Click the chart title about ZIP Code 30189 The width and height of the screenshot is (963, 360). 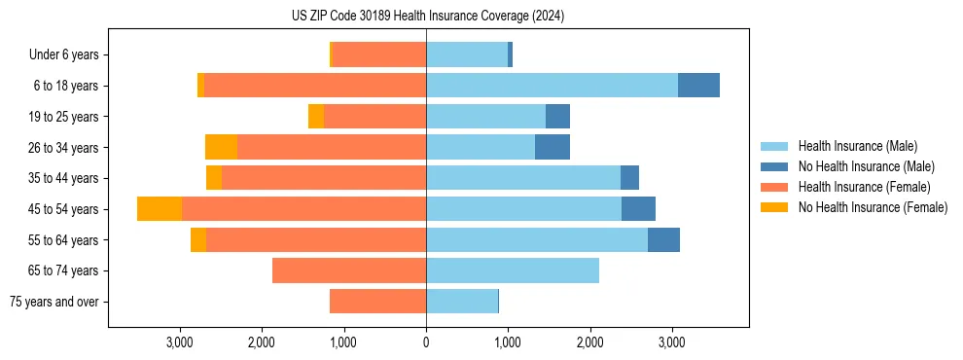[x=428, y=17]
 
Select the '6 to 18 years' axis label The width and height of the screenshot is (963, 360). [x=66, y=86]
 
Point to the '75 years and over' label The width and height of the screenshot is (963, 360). [x=54, y=302]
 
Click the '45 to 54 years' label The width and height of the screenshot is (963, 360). [x=64, y=209]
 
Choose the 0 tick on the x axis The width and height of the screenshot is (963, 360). [x=426, y=342]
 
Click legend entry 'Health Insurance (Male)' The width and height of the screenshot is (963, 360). [x=857, y=146]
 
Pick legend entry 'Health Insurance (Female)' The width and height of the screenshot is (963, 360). [x=864, y=187]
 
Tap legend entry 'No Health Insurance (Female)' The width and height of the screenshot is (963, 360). [x=873, y=207]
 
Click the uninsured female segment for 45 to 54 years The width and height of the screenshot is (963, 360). [x=160, y=209]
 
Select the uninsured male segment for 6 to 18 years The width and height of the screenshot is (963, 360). [x=698, y=86]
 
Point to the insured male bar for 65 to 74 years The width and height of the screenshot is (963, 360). [x=513, y=270]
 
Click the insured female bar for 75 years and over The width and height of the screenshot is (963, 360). [x=377, y=302]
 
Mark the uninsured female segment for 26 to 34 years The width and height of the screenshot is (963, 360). [x=221, y=147]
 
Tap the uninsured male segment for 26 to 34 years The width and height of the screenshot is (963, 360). [x=553, y=147]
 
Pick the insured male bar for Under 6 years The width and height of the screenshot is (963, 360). [x=467, y=55]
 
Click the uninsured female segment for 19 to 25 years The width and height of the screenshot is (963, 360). [x=316, y=117]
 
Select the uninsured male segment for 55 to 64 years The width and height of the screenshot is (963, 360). [x=663, y=239]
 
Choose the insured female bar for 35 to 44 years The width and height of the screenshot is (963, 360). [x=324, y=178]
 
